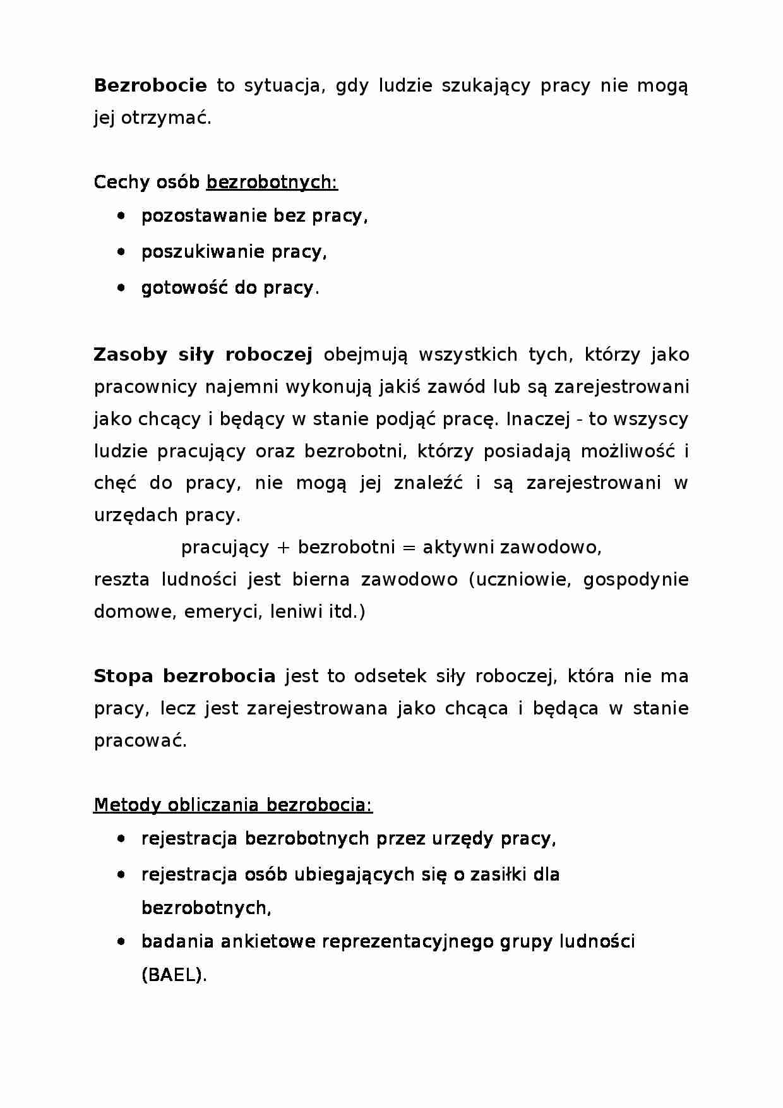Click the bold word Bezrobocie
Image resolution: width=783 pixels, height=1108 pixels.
point(150,85)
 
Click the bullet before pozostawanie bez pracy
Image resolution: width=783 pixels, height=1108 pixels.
point(121,216)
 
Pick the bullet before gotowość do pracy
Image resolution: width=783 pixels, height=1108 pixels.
point(121,288)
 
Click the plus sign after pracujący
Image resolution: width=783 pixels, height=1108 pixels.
point(283,548)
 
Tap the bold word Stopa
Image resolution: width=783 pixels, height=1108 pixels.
point(123,677)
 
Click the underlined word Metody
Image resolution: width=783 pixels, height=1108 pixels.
point(127,805)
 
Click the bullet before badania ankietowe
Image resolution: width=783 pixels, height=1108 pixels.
point(121,942)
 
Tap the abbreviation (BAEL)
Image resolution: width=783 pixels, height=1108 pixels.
point(174,975)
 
